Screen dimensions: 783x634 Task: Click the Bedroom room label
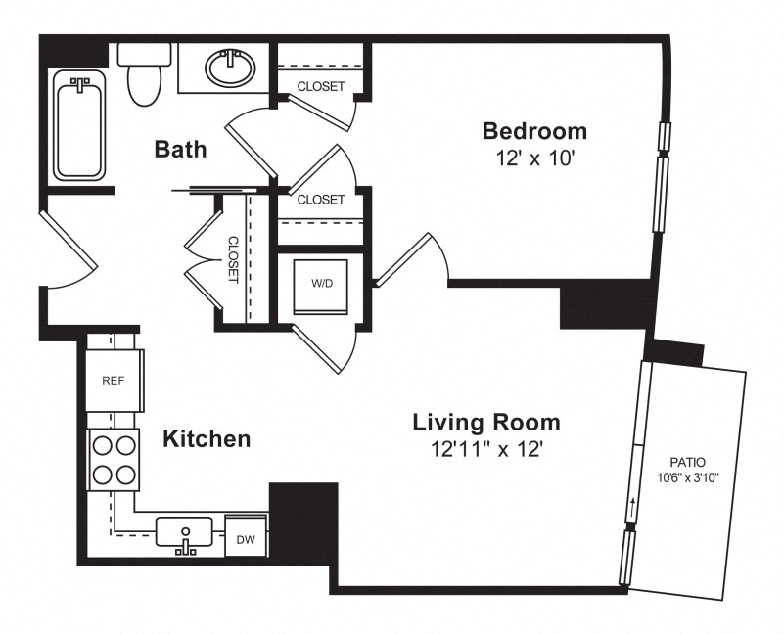534,131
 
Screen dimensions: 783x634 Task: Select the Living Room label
486,423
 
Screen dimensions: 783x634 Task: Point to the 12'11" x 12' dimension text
486,450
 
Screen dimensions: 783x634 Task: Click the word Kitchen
207,438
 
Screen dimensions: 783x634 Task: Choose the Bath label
180,149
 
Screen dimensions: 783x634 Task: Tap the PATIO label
688,462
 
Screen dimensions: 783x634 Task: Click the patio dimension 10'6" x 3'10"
688,478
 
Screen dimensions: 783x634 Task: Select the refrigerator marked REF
115,381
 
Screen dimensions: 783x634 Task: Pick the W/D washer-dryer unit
322,287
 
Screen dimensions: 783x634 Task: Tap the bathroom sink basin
230,68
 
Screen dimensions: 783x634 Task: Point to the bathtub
79,125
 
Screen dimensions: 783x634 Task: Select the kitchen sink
184,532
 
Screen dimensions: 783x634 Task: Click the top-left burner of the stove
103,445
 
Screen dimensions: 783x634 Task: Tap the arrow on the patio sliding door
633,509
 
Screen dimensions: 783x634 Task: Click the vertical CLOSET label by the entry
233,259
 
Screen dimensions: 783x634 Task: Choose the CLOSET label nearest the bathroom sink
321,86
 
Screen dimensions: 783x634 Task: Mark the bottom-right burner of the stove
125,475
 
